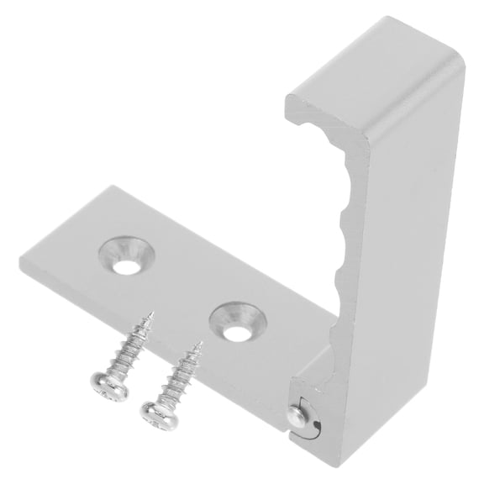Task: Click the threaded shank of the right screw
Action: [178, 376]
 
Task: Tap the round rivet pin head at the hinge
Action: [296, 413]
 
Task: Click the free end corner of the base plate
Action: [24, 260]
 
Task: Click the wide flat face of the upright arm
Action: [403, 252]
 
